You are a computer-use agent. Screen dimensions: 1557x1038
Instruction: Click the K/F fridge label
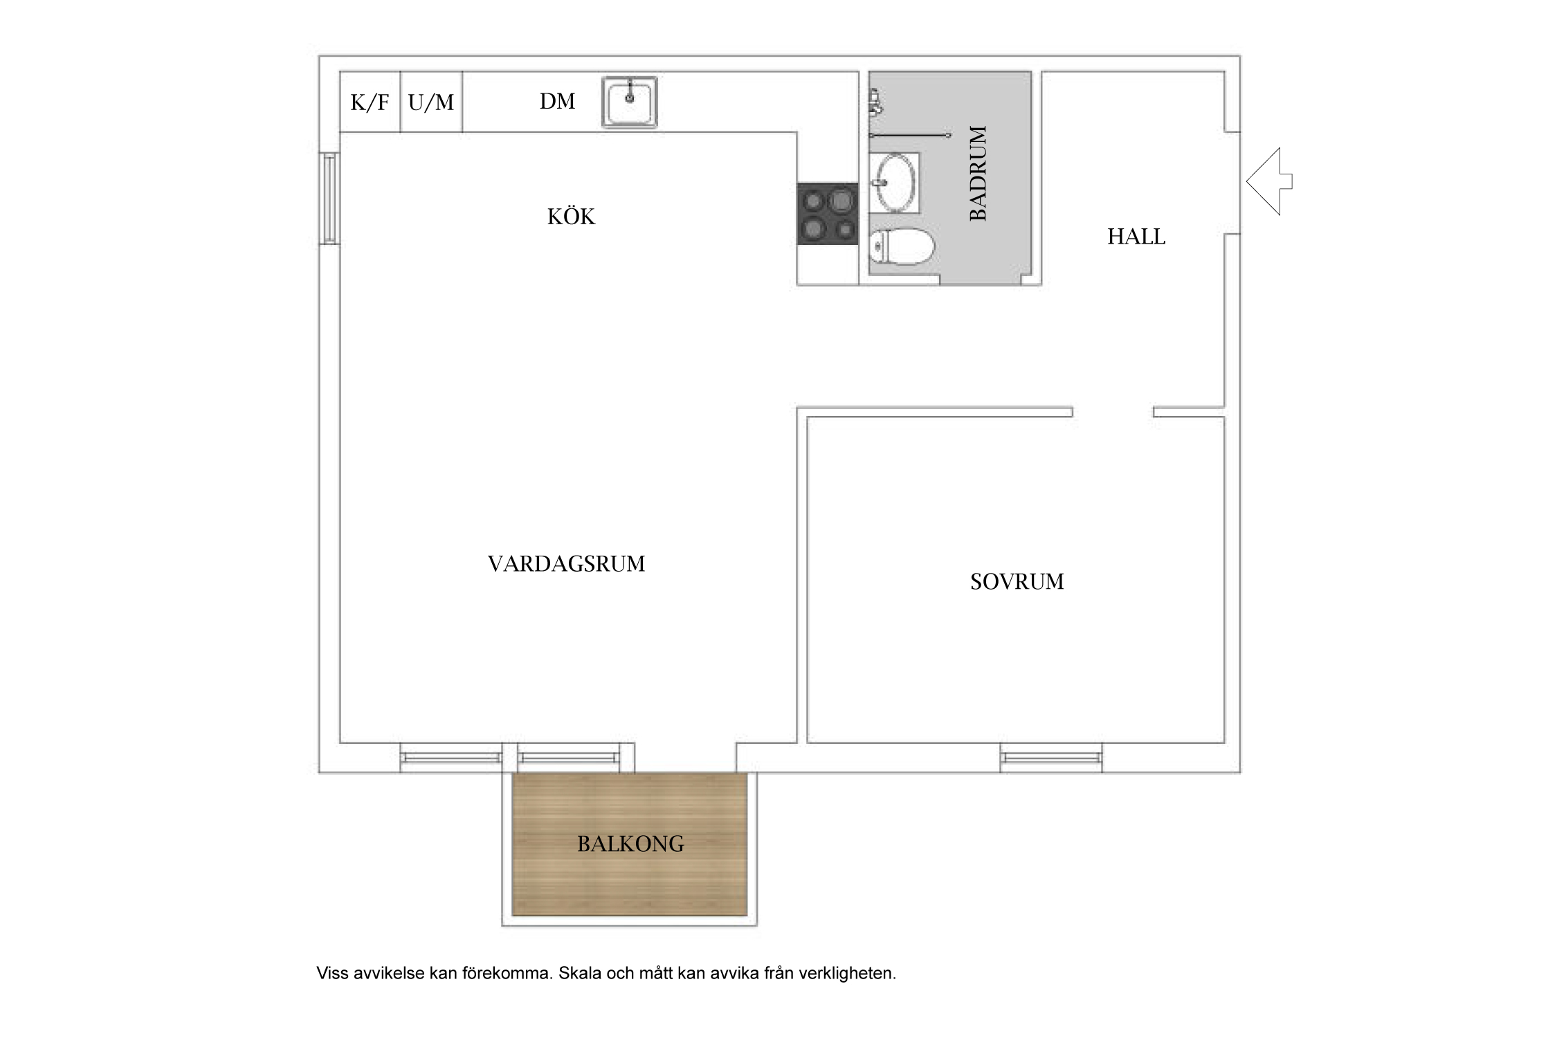pyautogui.click(x=370, y=103)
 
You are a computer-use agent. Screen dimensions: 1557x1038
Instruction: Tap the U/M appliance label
pyautogui.click(x=431, y=103)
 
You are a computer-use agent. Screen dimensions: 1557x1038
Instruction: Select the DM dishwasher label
pyautogui.click(x=557, y=102)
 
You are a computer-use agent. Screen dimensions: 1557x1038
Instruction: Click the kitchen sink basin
pyautogui.click(x=629, y=102)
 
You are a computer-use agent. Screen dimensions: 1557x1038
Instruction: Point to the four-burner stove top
pyautogui.click(x=828, y=214)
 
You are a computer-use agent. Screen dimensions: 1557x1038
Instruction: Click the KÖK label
pyautogui.click(x=571, y=217)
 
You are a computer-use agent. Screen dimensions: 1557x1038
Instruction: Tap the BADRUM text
pyautogui.click(x=978, y=173)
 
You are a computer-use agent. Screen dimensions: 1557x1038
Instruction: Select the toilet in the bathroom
pyautogui.click(x=901, y=247)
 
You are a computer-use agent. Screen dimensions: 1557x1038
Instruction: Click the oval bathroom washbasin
pyautogui.click(x=895, y=182)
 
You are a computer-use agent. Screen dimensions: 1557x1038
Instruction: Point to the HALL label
pyautogui.click(x=1136, y=237)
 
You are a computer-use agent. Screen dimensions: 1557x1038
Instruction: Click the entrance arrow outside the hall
pyautogui.click(x=1269, y=181)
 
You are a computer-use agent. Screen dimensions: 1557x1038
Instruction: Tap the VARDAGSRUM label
pyautogui.click(x=566, y=564)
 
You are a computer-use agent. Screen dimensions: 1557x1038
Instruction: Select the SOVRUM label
pyautogui.click(x=1017, y=581)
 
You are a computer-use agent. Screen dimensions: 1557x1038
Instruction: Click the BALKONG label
pyautogui.click(x=630, y=844)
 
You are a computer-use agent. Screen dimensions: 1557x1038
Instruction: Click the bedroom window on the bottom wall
pyautogui.click(x=1051, y=758)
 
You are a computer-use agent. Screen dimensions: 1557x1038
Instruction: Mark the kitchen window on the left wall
pyautogui.click(x=329, y=198)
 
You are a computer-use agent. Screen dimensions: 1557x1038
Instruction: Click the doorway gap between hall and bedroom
pyautogui.click(x=1113, y=412)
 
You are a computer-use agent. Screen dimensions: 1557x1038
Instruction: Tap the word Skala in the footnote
pyautogui.click(x=580, y=974)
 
